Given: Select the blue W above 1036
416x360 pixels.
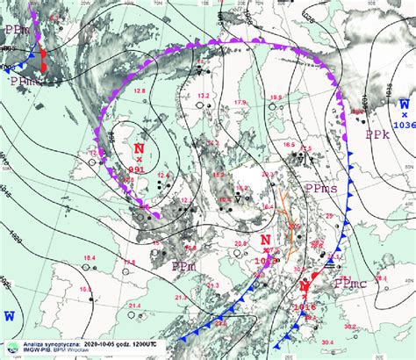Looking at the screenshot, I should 405,102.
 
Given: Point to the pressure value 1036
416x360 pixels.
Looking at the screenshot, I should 405,125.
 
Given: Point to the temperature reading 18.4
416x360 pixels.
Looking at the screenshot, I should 90,256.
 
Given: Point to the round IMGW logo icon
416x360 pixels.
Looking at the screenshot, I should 11,349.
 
